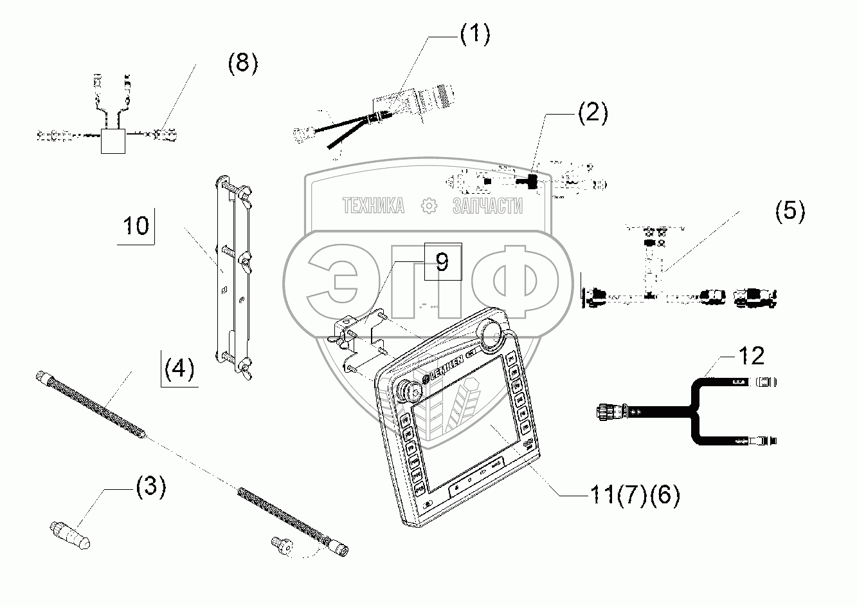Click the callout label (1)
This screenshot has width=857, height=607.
474,34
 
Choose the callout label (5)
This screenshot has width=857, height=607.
789,210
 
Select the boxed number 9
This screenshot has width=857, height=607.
442,261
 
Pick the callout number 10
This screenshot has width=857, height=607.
136,226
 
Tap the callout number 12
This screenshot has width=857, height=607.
751,356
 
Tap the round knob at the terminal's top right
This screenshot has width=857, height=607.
492,332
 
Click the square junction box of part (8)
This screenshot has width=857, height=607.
114,140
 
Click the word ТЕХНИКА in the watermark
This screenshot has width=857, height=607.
374,206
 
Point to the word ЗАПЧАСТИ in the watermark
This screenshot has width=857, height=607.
487,206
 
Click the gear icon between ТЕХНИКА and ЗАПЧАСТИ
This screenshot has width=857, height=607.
428,206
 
